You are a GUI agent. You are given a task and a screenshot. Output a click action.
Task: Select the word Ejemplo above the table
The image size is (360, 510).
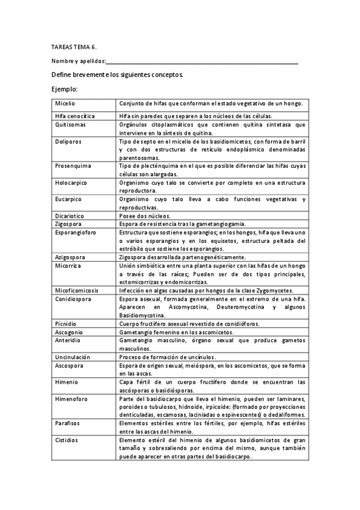[65, 90]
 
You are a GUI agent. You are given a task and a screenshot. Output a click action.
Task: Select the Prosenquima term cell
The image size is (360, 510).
[72, 165]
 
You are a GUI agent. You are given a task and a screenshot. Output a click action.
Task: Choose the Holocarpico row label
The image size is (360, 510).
[72, 182]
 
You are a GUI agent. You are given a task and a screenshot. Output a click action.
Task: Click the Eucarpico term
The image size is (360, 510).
[68, 199]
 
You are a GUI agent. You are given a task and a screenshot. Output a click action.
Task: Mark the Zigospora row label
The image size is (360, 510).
[68, 224]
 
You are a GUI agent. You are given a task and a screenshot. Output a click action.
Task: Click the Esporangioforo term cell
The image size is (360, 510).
[75, 232]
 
